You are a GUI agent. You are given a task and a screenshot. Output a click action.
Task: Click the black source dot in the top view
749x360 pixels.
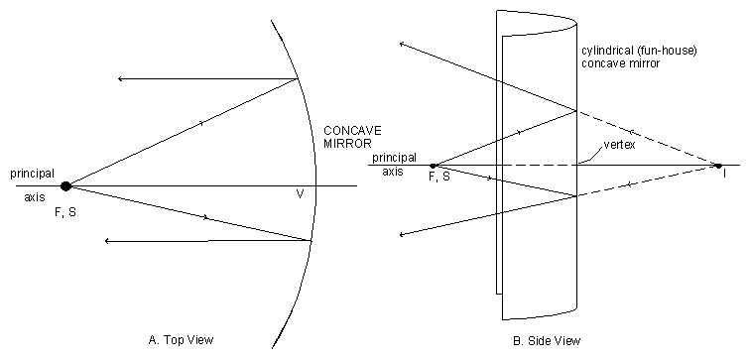click(x=66, y=185)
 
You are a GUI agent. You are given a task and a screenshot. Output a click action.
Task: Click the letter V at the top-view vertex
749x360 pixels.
click(x=299, y=194)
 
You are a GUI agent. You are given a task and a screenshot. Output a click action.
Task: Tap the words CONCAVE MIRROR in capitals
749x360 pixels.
click(x=352, y=138)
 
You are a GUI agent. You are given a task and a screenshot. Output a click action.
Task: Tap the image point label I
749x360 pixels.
click(x=725, y=175)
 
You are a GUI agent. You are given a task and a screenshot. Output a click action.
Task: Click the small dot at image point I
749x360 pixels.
click(x=719, y=165)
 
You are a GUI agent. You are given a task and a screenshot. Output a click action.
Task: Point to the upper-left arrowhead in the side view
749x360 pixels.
click(x=401, y=44)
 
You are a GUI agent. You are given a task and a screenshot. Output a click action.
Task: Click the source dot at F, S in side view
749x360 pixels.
click(x=433, y=166)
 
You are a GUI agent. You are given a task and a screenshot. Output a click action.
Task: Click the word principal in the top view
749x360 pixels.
click(x=32, y=173)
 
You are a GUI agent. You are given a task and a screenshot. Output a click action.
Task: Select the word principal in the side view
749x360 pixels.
click(x=394, y=158)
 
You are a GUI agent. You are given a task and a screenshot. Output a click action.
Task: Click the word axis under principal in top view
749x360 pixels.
click(x=35, y=197)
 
